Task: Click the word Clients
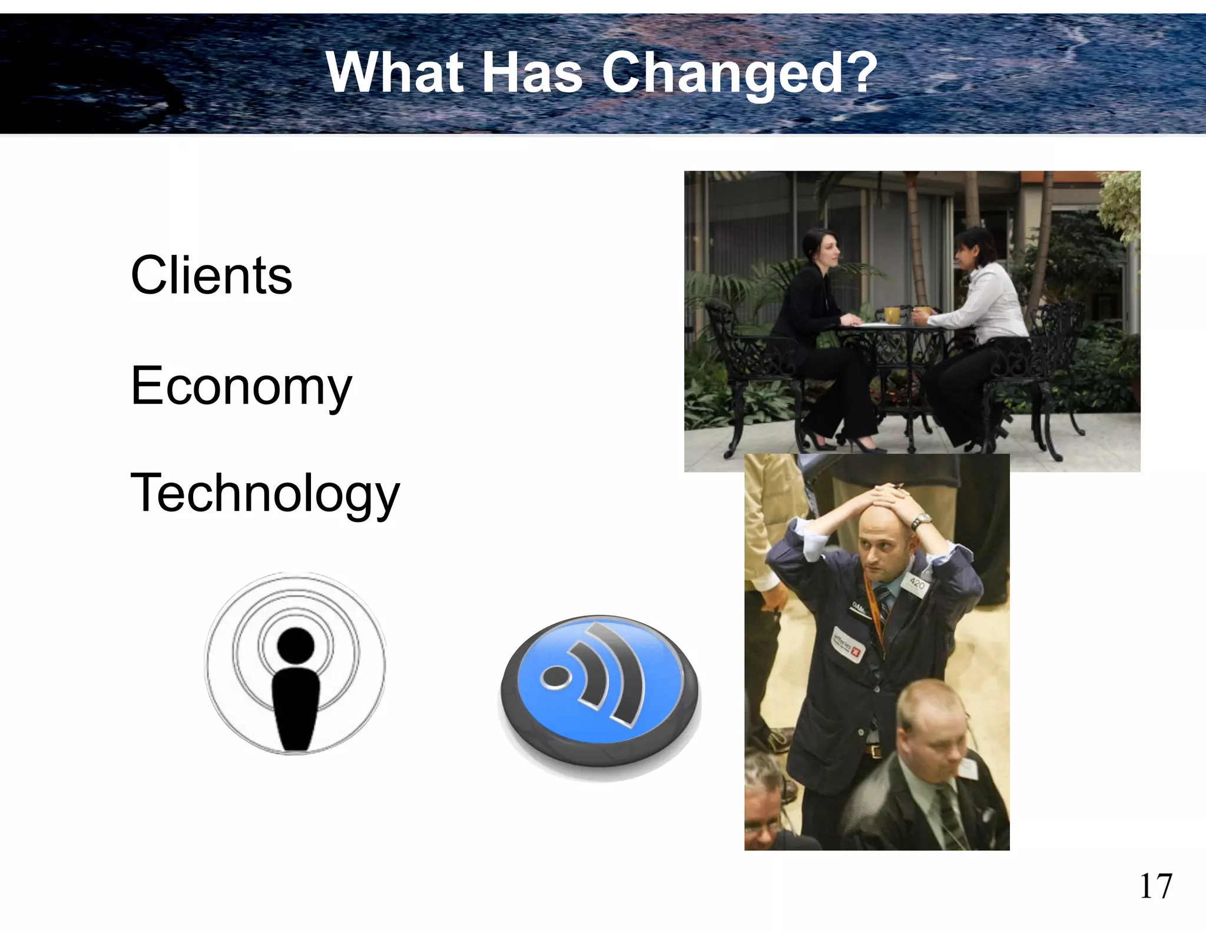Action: (211, 275)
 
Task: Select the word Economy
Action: (241, 386)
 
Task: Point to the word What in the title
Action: (395, 73)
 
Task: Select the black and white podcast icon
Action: (295, 663)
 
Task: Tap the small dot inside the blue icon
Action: (555, 676)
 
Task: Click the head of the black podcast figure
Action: (295, 646)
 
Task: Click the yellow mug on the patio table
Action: (892, 315)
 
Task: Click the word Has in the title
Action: (532, 73)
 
